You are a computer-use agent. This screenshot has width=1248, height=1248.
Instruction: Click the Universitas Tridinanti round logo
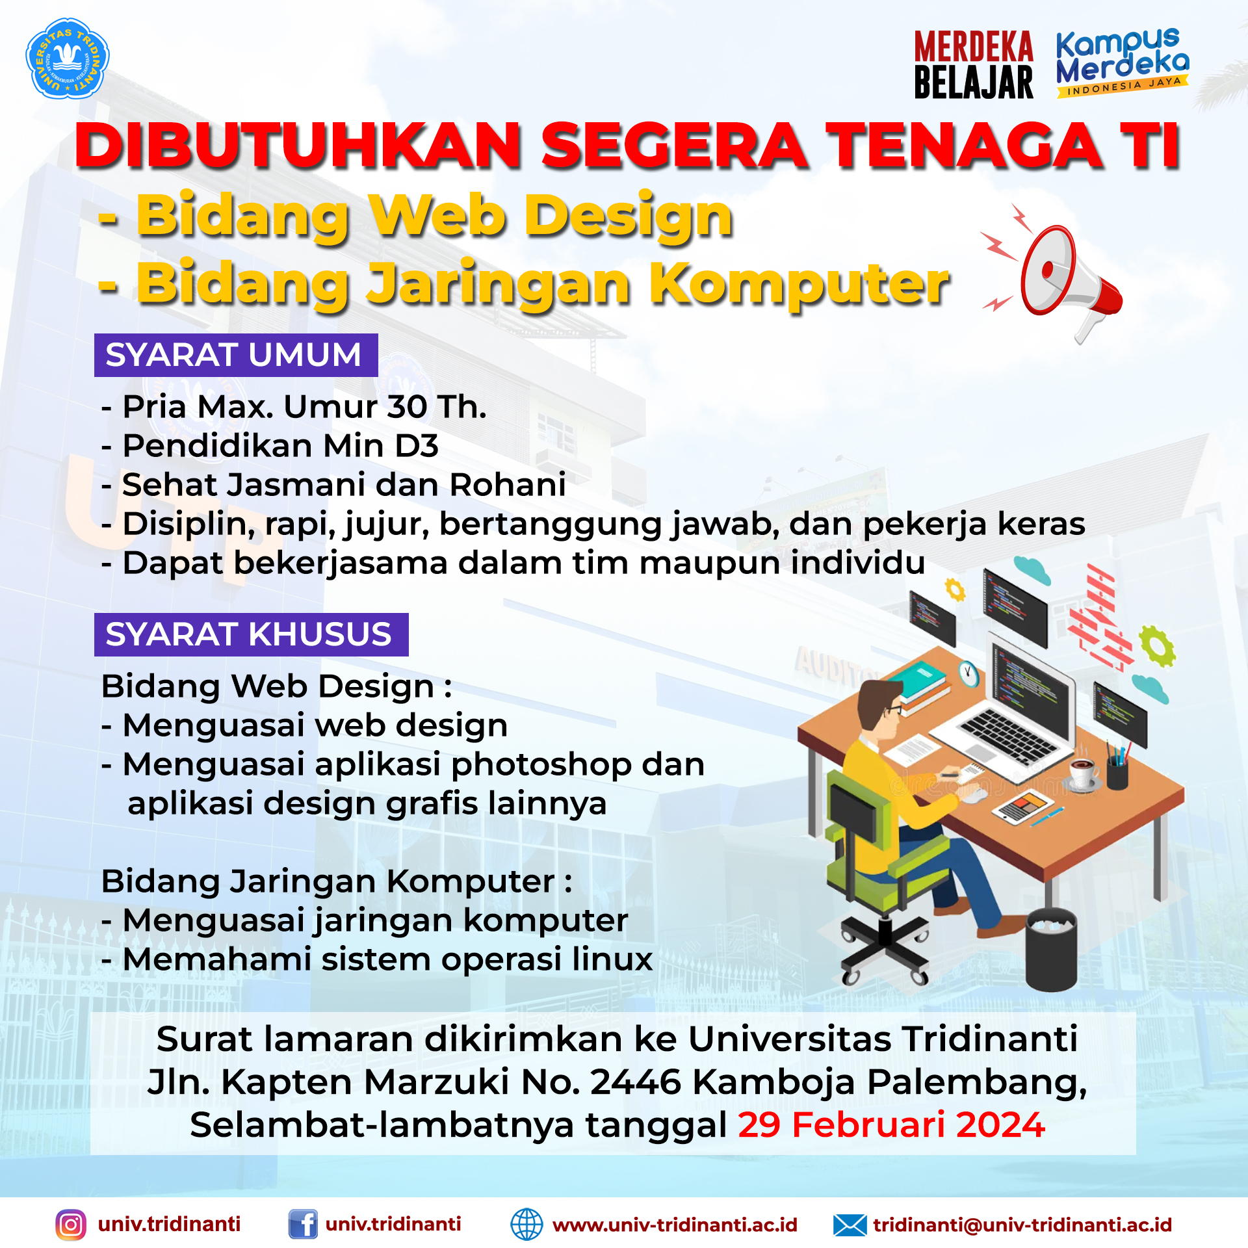[x=67, y=58]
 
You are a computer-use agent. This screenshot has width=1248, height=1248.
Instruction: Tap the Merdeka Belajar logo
[x=973, y=64]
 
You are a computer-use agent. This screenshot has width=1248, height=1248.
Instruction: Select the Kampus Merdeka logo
[x=1123, y=62]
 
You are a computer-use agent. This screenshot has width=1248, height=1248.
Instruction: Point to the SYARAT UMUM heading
[x=236, y=355]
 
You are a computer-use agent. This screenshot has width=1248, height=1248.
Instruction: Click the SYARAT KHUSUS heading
[x=251, y=634]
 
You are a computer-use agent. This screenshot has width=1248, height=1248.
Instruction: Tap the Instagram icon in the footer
[x=71, y=1225]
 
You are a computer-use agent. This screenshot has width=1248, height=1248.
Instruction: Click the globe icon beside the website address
[x=526, y=1225]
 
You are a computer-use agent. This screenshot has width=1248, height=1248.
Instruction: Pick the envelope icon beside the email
[x=850, y=1225]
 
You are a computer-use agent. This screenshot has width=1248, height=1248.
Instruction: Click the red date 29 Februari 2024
[x=891, y=1125]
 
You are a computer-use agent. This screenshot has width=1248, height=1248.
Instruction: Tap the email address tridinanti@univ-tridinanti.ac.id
[x=1022, y=1225]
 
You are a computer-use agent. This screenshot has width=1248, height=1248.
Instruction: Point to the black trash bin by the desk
[x=1051, y=950]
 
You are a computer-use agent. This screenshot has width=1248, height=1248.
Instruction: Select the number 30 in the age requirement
[x=407, y=408]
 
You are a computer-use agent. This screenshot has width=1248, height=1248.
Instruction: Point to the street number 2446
[x=635, y=1082]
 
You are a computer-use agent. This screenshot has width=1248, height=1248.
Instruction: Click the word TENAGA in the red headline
[x=965, y=146]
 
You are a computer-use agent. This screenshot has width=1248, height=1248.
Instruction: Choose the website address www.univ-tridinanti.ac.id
[x=675, y=1225]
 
